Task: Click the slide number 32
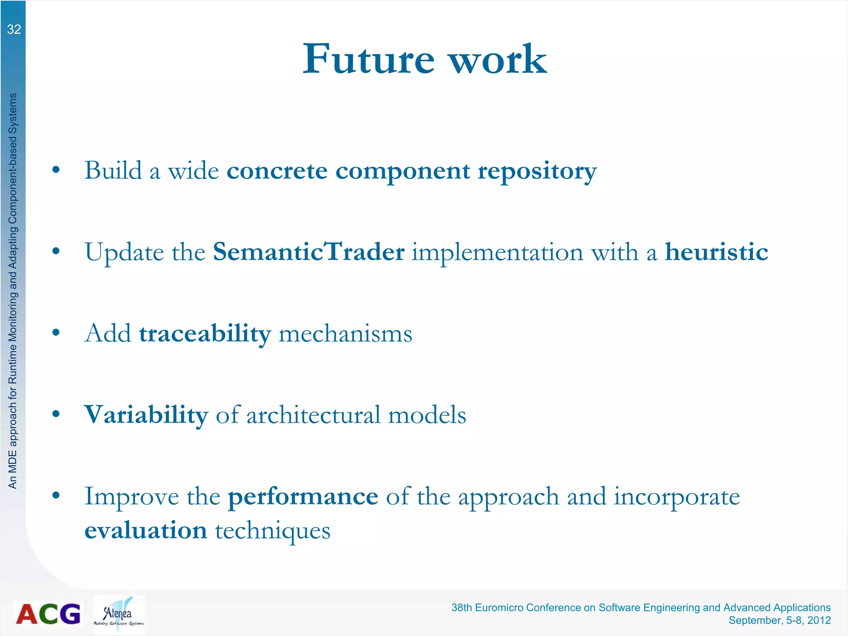pyautogui.click(x=14, y=29)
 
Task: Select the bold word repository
pyautogui.click(x=537, y=171)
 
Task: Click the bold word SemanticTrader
pyautogui.click(x=308, y=252)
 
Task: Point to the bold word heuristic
pyautogui.click(x=716, y=252)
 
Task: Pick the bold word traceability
pyautogui.click(x=205, y=334)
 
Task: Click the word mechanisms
pyautogui.click(x=345, y=334)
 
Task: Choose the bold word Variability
pyautogui.click(x=146, y=415)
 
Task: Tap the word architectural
pyautogui.click(x=313, y=415)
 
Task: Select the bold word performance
pyautogui.click(x=303, y=496)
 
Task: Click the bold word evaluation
pyautogui.click(x=146, y=530)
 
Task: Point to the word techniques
pyautogui.click(x=272, y=530)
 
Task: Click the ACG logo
pyautogui.click(x=48, y=614)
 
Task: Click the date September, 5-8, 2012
pyautogui.click(x=779, y=620)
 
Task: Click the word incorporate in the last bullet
pyautogui.click(x=676, y=496)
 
